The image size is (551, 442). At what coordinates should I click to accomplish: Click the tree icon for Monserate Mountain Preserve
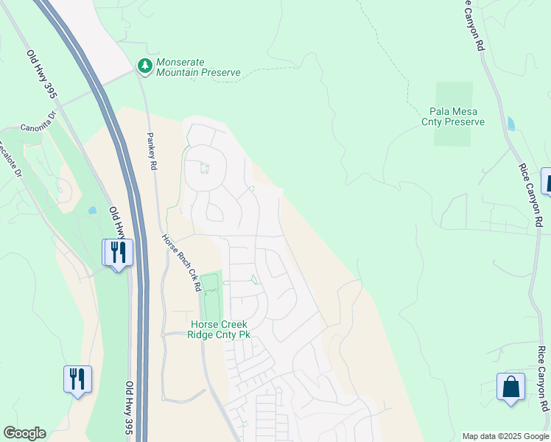click(145, 66)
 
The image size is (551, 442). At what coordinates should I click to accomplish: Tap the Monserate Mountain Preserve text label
click(198, 67)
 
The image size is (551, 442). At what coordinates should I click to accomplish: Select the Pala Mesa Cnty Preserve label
click(453, 116)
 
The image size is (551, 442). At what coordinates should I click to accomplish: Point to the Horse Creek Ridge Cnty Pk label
click(220, 329)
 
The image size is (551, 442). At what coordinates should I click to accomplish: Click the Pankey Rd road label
click(152, 152)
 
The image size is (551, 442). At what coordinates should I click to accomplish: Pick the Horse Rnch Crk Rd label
click(182, 262)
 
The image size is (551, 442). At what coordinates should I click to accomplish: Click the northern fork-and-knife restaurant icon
click(117, 253)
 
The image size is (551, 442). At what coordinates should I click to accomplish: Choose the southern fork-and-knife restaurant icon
click(77, 379)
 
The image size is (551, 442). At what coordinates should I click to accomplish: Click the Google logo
click(24, 433)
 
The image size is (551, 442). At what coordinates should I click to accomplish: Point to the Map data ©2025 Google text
click(505, 436)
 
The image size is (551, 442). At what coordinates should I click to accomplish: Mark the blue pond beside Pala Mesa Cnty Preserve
click(511, 123)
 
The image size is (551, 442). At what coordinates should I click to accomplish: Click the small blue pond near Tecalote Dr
click(91, 210)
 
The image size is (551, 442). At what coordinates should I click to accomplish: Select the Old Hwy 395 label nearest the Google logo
click(130, 407)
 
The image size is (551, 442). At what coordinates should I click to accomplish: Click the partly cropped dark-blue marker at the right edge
click(547, 180)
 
